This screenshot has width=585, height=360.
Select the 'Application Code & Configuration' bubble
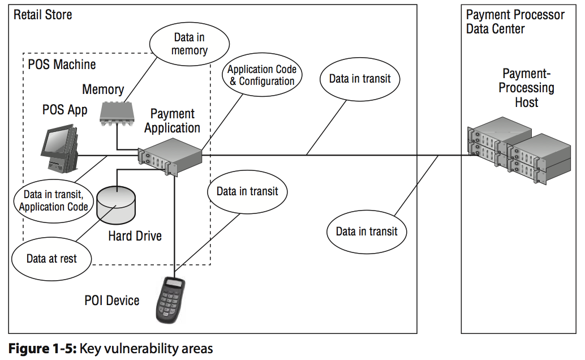(x=261, y=75)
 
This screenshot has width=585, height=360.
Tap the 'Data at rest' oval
(x=51, y=259)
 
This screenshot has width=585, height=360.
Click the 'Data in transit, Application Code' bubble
(x=54, y=201)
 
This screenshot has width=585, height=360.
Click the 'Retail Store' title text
(x=43, y=14)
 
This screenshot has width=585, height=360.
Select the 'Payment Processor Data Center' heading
(x=515, y=22)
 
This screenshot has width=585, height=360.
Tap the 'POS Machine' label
(x=62, y=64)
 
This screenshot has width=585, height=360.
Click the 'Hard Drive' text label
(x=135, y=236)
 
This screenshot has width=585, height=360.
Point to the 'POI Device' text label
(x=112, y=300)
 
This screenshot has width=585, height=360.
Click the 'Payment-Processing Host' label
(x=527, y=88)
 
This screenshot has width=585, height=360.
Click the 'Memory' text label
(x=103, y=89)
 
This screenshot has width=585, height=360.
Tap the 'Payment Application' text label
(x=172, y=121)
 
